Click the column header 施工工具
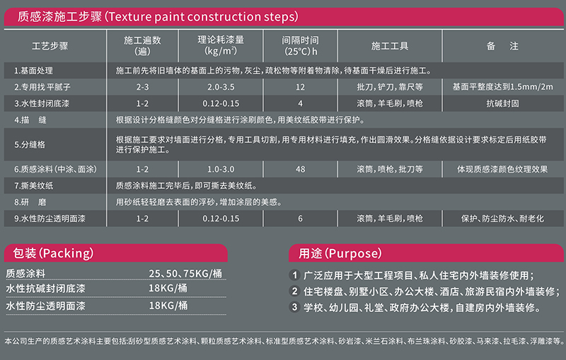[390, 46]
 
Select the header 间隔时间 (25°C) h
[300, 46]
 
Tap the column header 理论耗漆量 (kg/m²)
[221, 45]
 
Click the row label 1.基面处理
[33, 71]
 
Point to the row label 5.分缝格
[30, 145]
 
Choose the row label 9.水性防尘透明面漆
[50, 219]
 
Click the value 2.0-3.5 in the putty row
[221, 87]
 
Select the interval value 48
[300, 169]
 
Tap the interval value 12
[300, 87]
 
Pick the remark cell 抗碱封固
[502, 103]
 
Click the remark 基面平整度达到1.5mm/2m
[502, 87]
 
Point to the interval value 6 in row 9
[300, 219]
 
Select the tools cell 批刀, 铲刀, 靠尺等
[390, 87]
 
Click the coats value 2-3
[142, 87]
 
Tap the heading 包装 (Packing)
[53, 253]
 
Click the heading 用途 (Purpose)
[340, 253]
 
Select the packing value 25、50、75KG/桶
[185, 274]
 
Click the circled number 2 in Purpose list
[294, 291]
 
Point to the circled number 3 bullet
[294, 307]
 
